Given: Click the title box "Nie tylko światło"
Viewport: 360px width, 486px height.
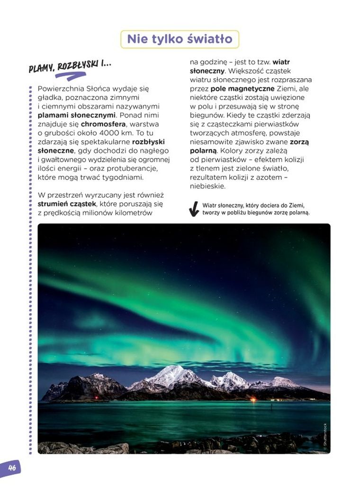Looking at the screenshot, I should [x=180, y=39].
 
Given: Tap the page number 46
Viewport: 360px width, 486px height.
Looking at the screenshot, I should [x=11, y=468].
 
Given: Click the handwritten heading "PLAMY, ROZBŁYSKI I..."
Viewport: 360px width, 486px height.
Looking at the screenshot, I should [x=70, y=66].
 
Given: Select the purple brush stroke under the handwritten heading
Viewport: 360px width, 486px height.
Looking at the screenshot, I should [x=71, y=75].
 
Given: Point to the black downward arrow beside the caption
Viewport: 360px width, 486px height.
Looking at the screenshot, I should [x=194, y=209].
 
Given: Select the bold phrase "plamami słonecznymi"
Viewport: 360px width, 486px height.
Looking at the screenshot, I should [x=76, y=115].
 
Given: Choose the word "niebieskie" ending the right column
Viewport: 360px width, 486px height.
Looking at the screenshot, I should [x=207, y=186].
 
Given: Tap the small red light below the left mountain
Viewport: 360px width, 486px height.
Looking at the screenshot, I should [x=97, y=397].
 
